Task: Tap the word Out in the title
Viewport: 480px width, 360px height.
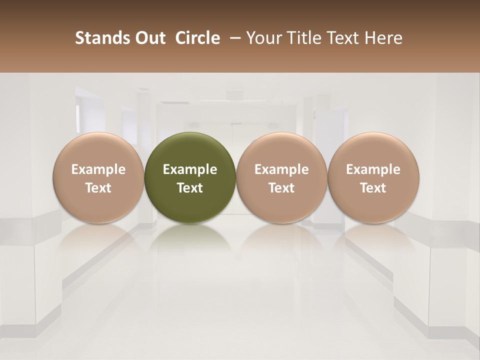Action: (149, 38)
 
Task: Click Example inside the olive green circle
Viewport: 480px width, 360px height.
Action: (190, 169)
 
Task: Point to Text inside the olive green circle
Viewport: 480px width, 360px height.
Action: (190, 188)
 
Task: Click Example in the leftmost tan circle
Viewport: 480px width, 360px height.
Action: (98, 169)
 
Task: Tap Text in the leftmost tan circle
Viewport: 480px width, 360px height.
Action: (98, 188)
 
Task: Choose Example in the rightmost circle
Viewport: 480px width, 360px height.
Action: (373, 169)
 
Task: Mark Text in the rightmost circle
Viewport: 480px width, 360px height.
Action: (373, 188)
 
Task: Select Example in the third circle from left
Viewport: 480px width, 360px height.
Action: (281, 169)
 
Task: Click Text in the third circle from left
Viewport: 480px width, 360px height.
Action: (281, 188)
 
